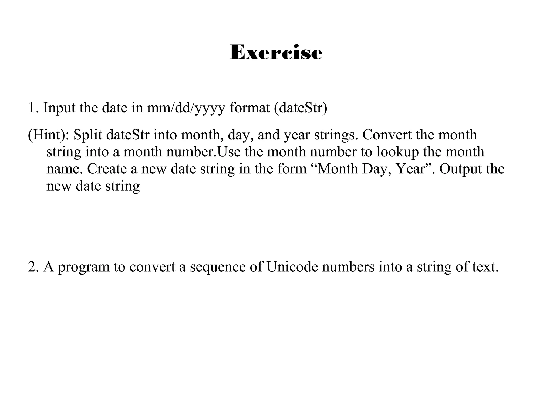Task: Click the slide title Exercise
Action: tap(276, 52)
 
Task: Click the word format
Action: tap(250, 108)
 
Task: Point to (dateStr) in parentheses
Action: tap(301, 108)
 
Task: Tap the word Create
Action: tap(107, 169)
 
